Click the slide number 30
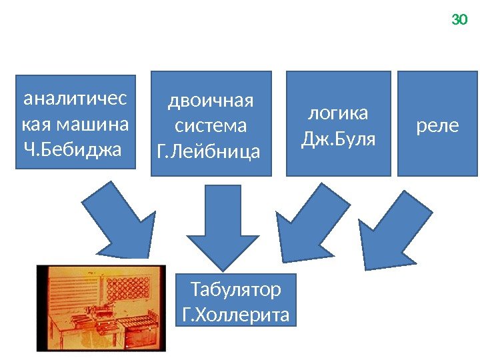point(459,20)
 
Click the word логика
point(339,113)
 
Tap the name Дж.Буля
point(339,140)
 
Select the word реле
point(437,125)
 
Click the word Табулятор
point(236,290)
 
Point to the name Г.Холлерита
point(236,314)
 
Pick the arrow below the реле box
point(393,223)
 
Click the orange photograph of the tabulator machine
point(101,307)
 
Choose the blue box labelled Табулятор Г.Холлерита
point(236,302)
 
